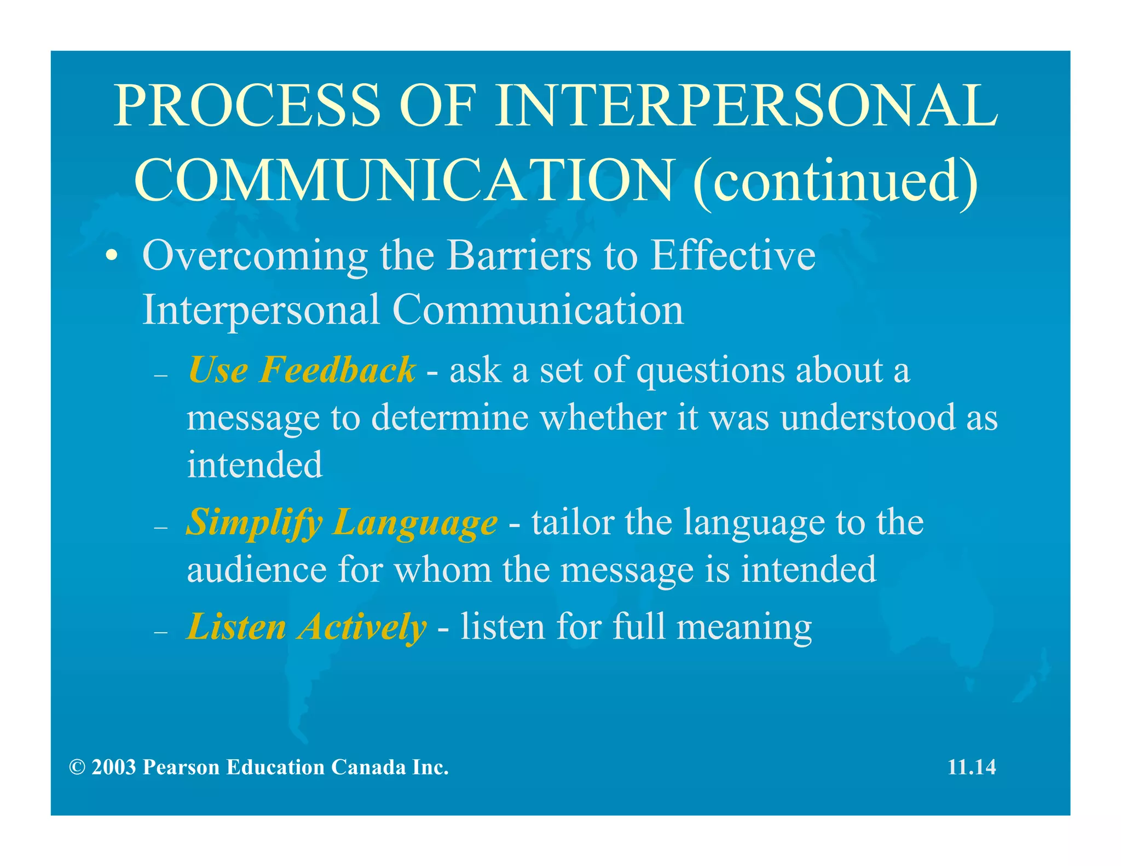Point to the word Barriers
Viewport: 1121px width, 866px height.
click(519, 256)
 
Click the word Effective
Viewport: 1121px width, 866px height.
click(732, 256)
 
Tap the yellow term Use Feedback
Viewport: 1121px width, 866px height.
click(302, 370)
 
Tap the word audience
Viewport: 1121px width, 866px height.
click(257, 569)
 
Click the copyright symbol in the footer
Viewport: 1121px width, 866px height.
click(77, 767)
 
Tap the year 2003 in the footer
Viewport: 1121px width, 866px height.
click(114, 767)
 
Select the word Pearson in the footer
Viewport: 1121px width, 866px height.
click(181, 767)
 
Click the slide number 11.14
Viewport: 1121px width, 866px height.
click(972, 767)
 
